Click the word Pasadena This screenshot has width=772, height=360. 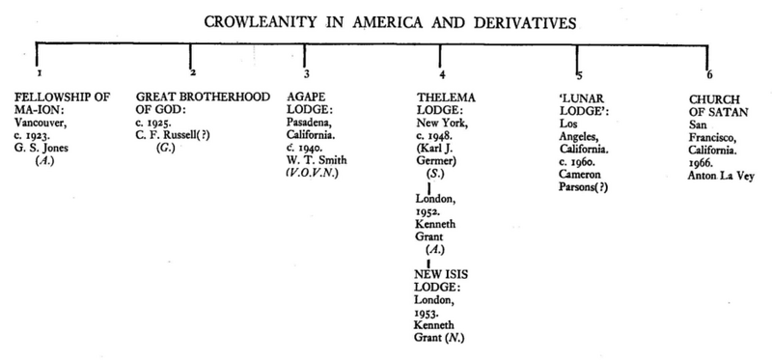click(x=315, y=124)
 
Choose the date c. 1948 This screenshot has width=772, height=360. click(x=436, y=136)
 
